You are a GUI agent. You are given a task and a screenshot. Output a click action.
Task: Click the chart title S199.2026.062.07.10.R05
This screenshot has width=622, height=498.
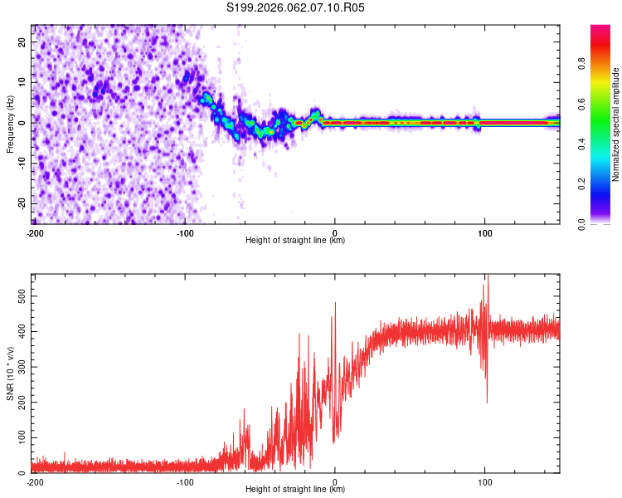(296, 7)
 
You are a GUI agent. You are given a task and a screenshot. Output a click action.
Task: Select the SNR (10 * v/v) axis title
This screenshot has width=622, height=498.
(10, 373)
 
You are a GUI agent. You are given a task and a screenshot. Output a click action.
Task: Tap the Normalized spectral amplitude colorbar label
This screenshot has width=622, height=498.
(615, 124)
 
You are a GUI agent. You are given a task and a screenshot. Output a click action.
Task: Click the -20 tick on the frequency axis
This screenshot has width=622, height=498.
(22, 203)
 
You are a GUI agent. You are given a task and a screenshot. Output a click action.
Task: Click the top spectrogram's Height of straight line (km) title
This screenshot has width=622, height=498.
(295, 241)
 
